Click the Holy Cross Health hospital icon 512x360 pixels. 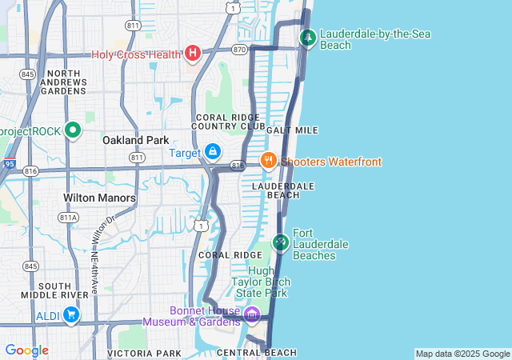pyautogui.click(x=192, y=54)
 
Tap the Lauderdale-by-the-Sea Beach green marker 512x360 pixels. pyautogui.click(x=308, y=37)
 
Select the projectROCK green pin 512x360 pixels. pyautogui.click(x=73, y=130)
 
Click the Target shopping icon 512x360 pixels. pyautogui.click(x=212, y=150)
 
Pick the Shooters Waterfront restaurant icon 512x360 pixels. pyautogui.click(x=268, y=161)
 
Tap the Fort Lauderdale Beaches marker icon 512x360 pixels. pyautogui.click(x=280, y=241)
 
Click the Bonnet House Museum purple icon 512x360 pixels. pyautogui.click(x=252, y=314)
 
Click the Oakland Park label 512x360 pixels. pyautogui.click(x=135, y=140)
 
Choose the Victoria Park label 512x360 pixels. pyautogui.click(x=144, y=353)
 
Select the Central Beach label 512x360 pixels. pyautogui.click(x=256, y=353)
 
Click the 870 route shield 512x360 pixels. pyautogui.click(x=239, y=49)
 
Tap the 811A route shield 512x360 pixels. pyautogui.click(x=69, y=217)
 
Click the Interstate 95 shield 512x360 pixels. pyautogui.click(x=7, y=163)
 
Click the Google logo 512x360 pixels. pyautogui.click(x=26, y=350)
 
